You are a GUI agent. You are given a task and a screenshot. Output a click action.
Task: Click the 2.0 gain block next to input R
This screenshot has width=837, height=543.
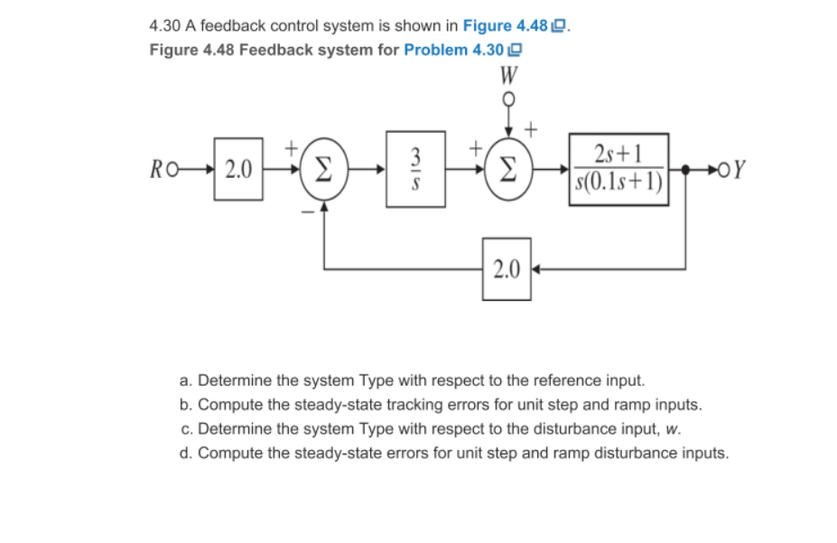tap(238, 168)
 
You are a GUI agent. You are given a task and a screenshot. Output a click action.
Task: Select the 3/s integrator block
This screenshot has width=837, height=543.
tap(415, 169)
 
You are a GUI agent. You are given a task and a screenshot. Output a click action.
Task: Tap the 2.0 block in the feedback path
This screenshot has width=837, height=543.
tap(507, 267)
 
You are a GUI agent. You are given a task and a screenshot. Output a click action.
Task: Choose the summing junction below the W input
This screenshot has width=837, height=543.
tap(507, 169)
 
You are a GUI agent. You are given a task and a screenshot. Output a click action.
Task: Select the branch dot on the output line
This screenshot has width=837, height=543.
tap(687, 169)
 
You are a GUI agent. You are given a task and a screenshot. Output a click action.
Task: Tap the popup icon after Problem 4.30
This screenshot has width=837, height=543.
tap(516, 50)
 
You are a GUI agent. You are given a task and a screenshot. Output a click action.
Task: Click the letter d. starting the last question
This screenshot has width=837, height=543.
tap(186, 452)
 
